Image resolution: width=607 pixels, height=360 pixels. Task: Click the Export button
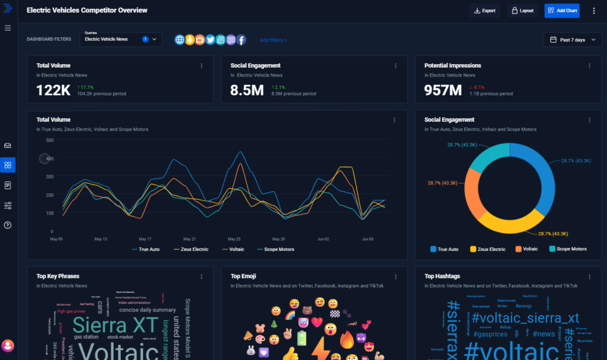484,11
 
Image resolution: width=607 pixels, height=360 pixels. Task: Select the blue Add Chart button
562,11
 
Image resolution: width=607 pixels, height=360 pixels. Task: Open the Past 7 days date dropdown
573,40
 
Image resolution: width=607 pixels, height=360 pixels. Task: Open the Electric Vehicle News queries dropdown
121,39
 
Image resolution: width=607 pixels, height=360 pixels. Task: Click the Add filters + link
273,40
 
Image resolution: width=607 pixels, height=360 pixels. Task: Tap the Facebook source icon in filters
241,40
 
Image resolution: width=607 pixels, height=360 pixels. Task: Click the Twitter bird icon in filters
210,40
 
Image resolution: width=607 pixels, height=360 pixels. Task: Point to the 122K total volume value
53,90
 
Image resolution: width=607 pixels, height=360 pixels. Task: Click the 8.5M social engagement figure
247,90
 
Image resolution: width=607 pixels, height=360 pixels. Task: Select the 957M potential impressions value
443,90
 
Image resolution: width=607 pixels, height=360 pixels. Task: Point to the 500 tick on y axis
50,140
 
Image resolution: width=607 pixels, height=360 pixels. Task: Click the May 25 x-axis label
234,239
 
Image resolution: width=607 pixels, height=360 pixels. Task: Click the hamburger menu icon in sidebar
8,28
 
